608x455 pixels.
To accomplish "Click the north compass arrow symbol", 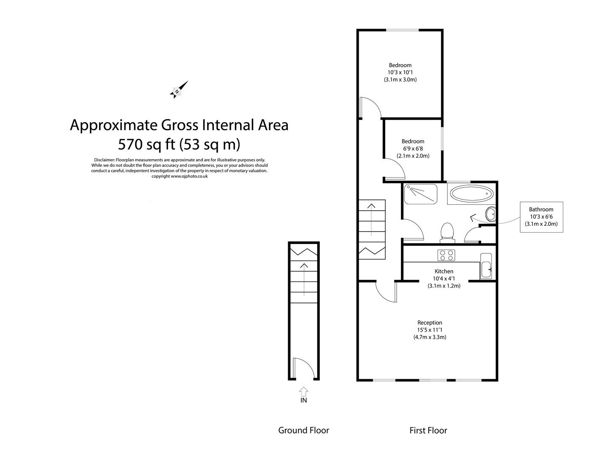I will [x=178, y=90].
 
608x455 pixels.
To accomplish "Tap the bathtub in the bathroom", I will [x=471, y=194].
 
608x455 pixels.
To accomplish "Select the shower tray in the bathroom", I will [x=420, y=194].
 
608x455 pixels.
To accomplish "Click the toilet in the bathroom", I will [x=447, y=233].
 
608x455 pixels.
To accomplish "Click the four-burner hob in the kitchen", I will [x=446, y=255].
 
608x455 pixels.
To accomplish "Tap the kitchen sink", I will [x=486, y=266].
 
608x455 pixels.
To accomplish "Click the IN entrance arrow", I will [x=303, y=392].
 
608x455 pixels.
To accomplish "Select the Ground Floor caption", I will [x=303, y=430].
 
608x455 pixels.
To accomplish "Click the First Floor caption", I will [x=428, y=430].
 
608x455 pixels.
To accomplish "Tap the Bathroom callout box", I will [x=541, y=217].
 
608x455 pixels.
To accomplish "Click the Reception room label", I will [x=430, y=323].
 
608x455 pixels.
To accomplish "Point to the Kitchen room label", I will [x=444, y=271].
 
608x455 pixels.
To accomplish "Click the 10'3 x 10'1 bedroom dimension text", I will [x=400, y=72].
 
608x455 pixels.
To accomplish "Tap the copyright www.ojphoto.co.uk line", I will [x=179, y=176].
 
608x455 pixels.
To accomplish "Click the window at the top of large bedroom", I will [x=403, y=30].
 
